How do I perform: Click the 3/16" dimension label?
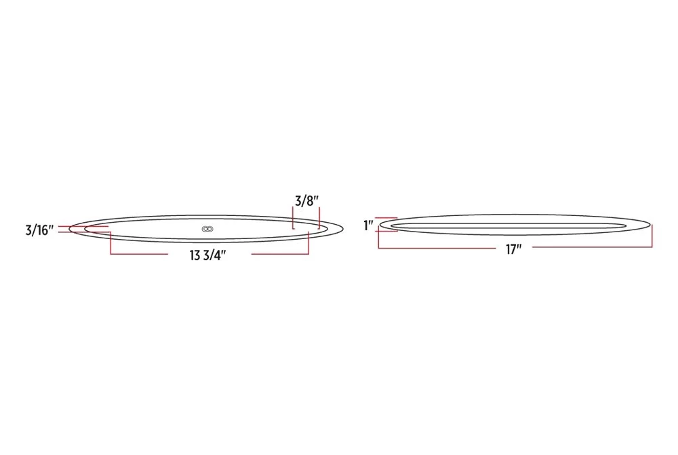coord(39,230)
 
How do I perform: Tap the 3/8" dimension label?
coord(306,200)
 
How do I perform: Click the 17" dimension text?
coord(513,249)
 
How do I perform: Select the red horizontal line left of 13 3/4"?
coord(139,254)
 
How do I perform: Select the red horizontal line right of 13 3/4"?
coord(279,254)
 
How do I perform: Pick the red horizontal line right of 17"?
coord(593,249)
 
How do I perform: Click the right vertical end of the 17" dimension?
coord(652,237)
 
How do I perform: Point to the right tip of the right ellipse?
coord(652,225)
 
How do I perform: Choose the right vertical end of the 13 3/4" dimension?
coord(308,243)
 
